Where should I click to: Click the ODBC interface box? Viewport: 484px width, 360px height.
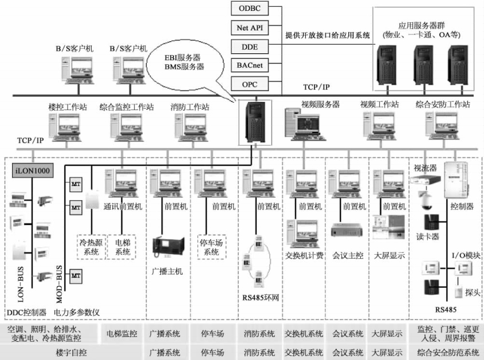250,9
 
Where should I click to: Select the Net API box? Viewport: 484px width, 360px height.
250,27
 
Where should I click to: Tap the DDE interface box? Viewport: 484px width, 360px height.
250,46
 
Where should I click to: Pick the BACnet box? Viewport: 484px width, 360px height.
250,65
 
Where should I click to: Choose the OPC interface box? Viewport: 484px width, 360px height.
250,84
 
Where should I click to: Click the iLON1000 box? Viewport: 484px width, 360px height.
32,170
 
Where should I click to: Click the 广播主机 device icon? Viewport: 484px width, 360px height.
167,245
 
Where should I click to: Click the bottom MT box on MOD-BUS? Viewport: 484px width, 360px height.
76,276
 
